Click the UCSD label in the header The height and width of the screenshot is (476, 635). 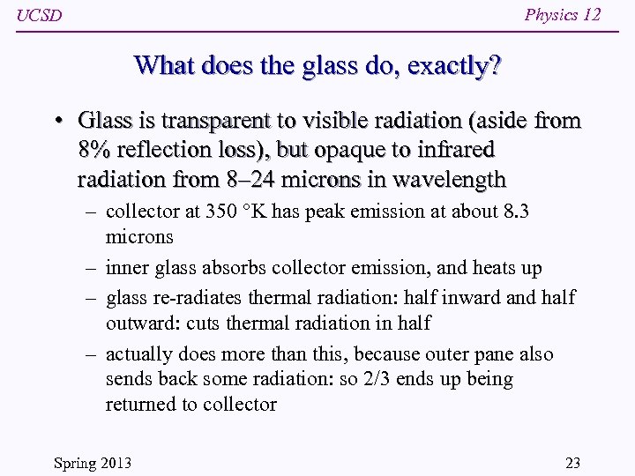tap(40, 17)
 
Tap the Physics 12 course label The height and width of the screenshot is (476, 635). tap(563, 15)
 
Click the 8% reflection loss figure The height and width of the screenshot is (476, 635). tap(93, 151)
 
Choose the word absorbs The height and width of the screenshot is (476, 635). tap(231, 268)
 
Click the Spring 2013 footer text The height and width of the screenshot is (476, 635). tap(93, 463)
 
